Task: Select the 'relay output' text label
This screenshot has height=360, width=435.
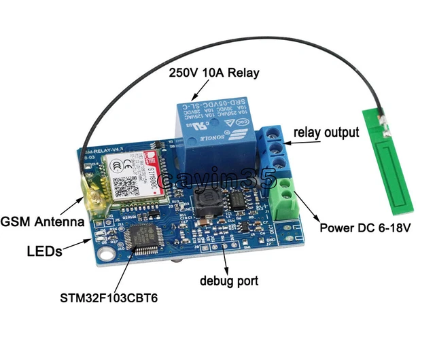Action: point(326,132)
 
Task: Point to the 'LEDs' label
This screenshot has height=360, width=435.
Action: point(45,251)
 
